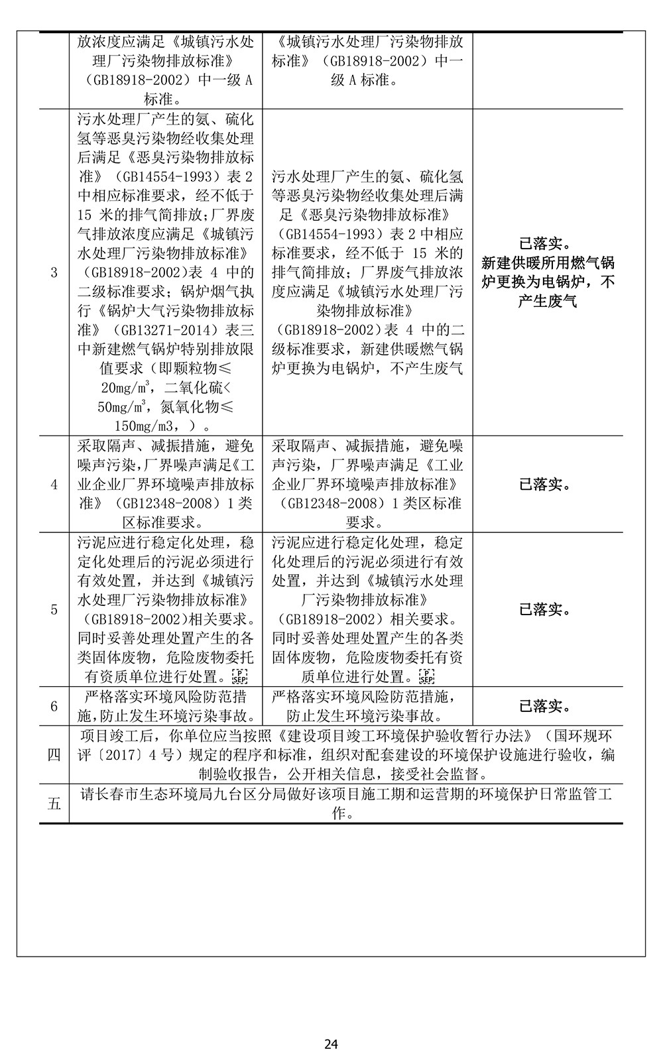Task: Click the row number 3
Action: pyautogui.click(x=54, y=272)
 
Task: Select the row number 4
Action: pyautogui.click(x=54, y=485)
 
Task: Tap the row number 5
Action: pyautogui.click(x=54, y=610)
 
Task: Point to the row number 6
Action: pyautogui.click(x=54, y=707)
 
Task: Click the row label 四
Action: pyautogui.click(x=54, y=755)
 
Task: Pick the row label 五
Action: pyautogui.click(x=54, y=804)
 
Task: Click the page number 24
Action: pyautogui.click(x=331, y=1045)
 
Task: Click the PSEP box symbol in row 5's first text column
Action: pyautogui.click(x=237, y=677)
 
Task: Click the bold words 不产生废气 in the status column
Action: pyautogui.click(x=548, y=302)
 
